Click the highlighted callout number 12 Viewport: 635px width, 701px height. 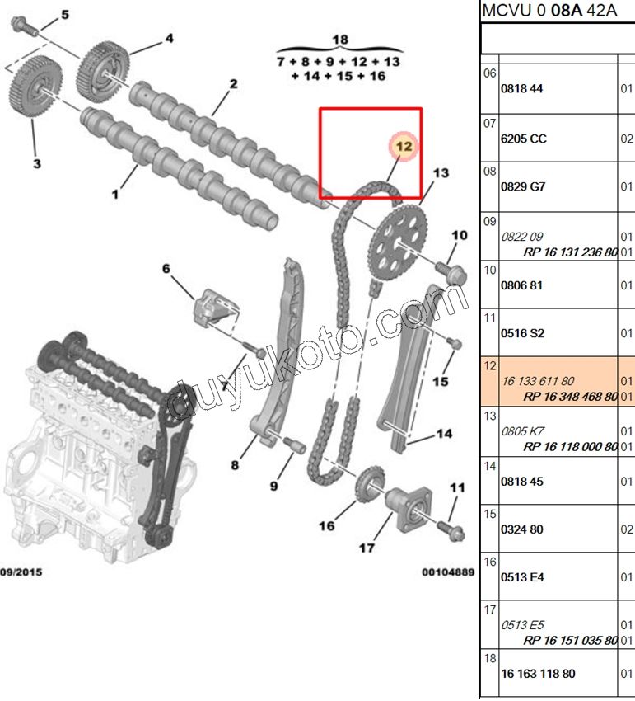pos(403,146)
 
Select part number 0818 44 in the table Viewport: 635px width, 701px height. pos(522,90)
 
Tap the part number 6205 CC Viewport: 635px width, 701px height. pos(523,139)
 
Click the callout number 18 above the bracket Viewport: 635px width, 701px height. pos(340,40)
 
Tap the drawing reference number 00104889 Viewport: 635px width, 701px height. pos(448,572)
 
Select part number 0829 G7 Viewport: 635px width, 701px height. pos(523,187)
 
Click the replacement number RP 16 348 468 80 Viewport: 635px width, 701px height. pos(570,396)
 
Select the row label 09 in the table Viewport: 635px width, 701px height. pos(489,221)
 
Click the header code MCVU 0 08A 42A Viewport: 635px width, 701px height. pos(549,12)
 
